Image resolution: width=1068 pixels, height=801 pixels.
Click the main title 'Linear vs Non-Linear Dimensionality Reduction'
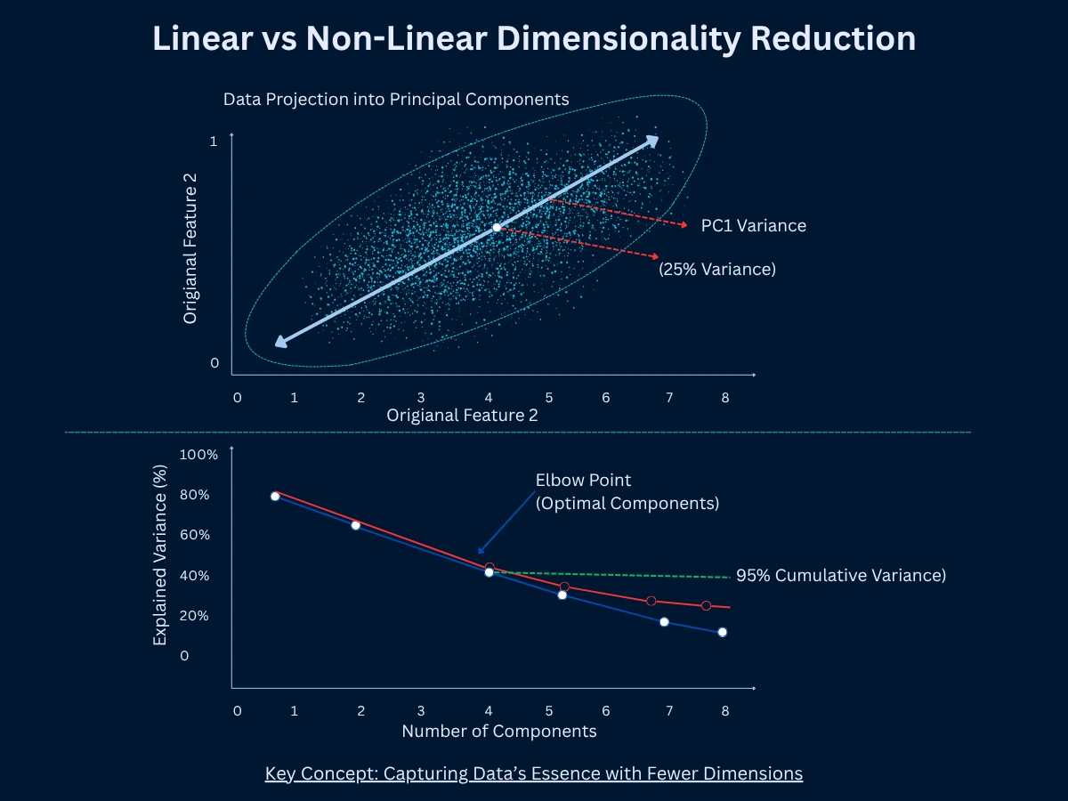coord(534,39)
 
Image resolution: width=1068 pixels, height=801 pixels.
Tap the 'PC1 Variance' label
coord(753,226)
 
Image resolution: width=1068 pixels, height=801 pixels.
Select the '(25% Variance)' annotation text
coord(716,269)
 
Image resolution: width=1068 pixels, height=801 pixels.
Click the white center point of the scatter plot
coord(497,228)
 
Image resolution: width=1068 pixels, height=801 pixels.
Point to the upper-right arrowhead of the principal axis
coord(652,141)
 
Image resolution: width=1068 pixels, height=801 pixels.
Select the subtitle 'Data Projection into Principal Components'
coord(396,99)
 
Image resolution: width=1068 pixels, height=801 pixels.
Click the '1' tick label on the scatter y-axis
coord(214,141)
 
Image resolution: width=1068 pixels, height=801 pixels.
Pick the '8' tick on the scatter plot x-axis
coord(725,397)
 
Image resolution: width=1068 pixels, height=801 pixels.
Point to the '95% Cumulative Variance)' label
coord(840,575)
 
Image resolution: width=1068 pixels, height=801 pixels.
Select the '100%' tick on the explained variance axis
coord(198,455)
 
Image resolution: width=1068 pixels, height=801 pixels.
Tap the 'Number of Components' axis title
coord(498,732)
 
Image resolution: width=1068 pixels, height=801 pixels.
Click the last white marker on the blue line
coord(722,632)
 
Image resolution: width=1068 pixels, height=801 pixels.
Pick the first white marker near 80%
coord(275,496)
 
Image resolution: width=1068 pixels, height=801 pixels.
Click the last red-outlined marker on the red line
coord(706,605)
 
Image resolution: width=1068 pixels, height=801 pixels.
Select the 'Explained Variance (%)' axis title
coord(160,554)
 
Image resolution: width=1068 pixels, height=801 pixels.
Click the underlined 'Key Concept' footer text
coord(534,773)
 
